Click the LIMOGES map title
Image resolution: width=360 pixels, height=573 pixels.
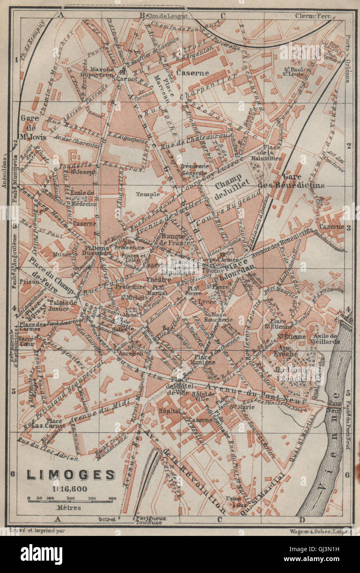point(71,474)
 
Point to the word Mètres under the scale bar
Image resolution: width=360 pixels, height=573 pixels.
point(69,507)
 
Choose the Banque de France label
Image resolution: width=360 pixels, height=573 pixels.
point(176,240)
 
